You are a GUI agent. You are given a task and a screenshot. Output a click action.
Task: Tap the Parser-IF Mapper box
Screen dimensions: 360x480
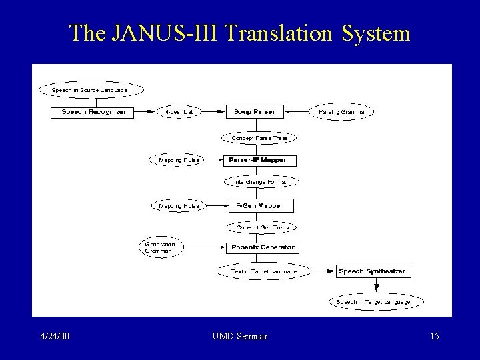coord(258,160)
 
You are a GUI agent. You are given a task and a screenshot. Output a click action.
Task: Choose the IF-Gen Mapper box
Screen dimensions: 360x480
coord(258,206)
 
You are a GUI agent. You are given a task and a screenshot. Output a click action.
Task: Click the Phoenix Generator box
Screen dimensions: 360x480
coord(261,247)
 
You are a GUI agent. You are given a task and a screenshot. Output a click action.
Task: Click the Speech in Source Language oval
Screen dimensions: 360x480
coord(91,89)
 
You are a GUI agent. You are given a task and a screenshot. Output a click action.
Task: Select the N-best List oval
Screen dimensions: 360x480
coord(179,112)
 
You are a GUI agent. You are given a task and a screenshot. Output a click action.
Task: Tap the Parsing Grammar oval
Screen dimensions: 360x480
coord(341,112)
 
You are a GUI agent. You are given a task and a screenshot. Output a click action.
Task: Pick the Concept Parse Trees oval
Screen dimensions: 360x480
coord(259,138)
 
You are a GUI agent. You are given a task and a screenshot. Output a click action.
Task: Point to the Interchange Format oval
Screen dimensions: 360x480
coord(259,182)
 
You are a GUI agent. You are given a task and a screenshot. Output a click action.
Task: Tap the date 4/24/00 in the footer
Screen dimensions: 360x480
coord(55,337)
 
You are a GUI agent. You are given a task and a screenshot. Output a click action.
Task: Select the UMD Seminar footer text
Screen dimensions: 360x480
coord(239,337)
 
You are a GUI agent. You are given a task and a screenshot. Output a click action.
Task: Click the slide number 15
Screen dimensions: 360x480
coord(434,337)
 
